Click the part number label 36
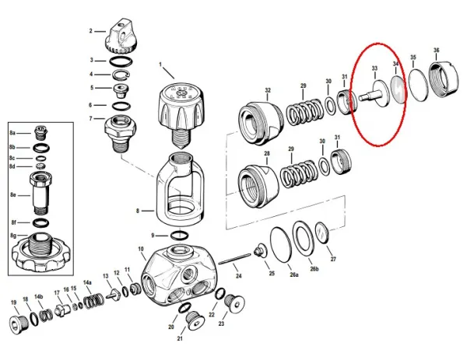(436, 51)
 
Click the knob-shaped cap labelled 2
(121, 37)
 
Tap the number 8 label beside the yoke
(138, 211)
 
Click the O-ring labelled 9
(179, 236)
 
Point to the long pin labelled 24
(235, 259)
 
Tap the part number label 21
(180, 338)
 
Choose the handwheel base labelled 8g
(40, 252)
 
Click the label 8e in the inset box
(12, 195)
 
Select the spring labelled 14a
(93, 301)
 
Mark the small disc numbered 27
(321, 232)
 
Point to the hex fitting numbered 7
(121, 133)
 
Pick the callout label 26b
(314, 269)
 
